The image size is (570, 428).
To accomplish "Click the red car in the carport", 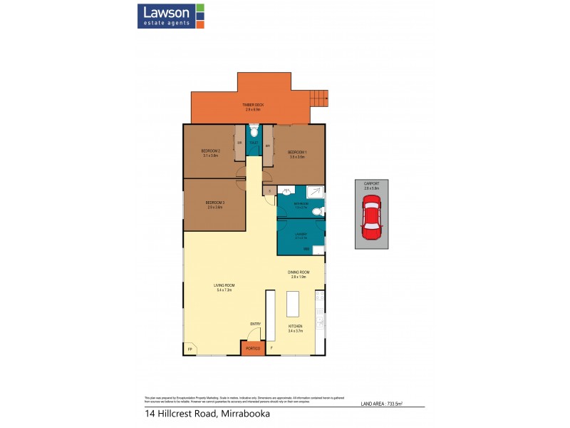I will tap(371, 220).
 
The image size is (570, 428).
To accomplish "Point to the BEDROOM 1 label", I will tap(297, 153).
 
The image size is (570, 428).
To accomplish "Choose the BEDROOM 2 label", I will tap(210, 153).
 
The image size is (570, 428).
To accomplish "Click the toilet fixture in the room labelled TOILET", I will tap(254, 131).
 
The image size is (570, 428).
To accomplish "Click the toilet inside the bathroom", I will tap(321, 210).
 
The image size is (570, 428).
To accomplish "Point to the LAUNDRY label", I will tap(301, 235).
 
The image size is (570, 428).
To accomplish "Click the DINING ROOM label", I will tap(298, 274).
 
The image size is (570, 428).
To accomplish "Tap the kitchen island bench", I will tap(293, 305).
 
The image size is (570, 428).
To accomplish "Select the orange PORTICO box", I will tap(251, 347).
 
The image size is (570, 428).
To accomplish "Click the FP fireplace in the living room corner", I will tap(190, 349).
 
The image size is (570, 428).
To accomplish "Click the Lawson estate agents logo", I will tap(171, 16).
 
